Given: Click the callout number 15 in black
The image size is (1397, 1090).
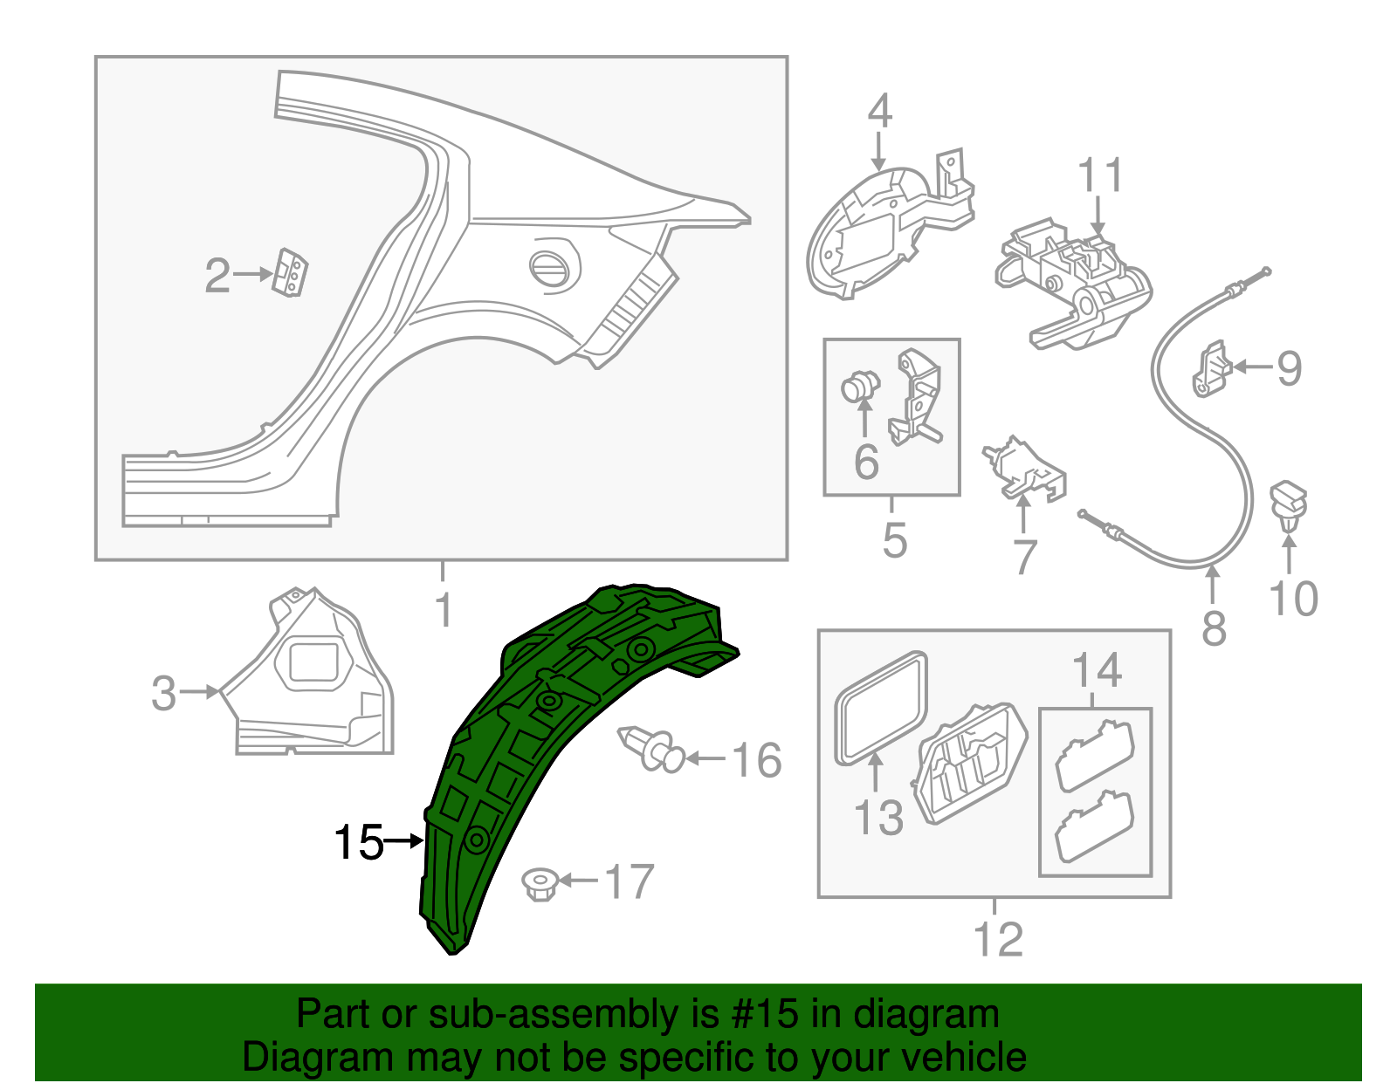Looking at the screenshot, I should [358, 842].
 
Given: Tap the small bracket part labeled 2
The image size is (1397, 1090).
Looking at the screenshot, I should [292, 273].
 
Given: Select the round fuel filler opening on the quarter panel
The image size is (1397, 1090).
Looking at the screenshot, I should [554, 268].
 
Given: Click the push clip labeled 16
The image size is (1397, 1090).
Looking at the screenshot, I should [650, 749].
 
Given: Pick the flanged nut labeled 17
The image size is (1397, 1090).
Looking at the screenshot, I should [540, 883].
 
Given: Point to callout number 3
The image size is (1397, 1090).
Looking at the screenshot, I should [164, 693].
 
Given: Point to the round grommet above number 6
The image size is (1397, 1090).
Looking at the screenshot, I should [860, 386].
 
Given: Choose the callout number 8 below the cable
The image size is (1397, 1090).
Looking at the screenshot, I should [1214, 627].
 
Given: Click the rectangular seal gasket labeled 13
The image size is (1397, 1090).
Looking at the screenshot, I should [880, 707].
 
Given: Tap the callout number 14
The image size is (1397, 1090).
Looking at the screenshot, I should [1097, 670].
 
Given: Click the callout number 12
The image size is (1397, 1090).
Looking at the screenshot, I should [997, 939].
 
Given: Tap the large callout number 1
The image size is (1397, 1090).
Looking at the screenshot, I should [444, 609].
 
